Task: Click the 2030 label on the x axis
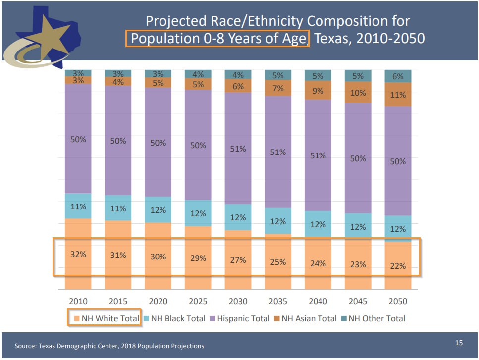[238, 301]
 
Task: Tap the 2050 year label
[398, 301]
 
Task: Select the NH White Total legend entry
[106, 318]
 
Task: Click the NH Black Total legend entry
[174, 318]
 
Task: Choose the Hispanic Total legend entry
[240, 318]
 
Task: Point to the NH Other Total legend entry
[373, 318]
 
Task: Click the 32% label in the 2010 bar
[78, 254]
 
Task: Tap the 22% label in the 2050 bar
[398, 266]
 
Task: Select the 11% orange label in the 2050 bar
[398, 95]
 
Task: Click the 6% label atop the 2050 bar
[398, 76]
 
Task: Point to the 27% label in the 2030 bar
[238, 260]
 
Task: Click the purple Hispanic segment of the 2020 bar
[158, 142]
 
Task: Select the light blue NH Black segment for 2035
[278, 221]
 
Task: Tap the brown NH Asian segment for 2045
[358, 92]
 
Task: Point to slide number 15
[459, 343]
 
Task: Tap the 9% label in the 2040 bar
[318, 91]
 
